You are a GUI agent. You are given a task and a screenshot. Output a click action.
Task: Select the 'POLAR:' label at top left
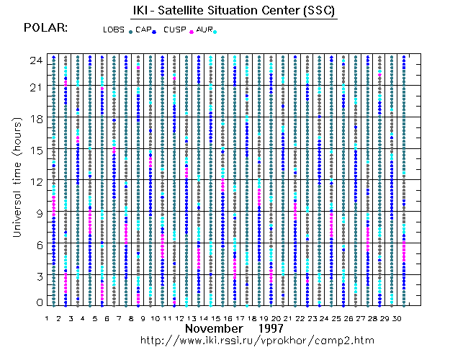46,28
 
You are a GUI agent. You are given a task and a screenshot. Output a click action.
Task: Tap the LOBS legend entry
113,30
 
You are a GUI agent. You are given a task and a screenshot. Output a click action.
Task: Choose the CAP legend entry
143,30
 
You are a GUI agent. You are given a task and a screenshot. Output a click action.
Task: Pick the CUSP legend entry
174,30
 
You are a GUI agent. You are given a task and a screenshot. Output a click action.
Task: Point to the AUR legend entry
204,30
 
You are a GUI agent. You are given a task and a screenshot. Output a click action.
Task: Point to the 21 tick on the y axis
35,87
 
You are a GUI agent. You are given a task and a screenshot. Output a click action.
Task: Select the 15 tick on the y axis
35,150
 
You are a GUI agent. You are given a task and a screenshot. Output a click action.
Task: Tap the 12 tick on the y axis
35,181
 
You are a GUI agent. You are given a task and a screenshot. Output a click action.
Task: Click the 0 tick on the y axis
38,303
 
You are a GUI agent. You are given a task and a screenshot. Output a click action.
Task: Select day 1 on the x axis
47,318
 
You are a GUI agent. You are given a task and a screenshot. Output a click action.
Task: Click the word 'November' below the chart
214,328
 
